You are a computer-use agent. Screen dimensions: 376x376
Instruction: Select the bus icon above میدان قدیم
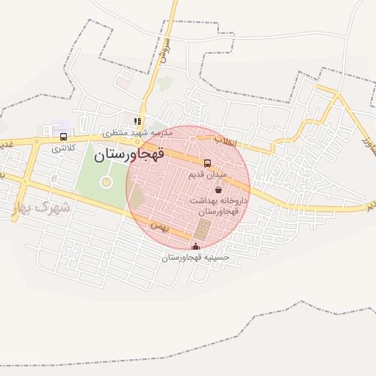(207, 163)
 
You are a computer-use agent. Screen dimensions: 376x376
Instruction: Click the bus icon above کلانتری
(63, 136)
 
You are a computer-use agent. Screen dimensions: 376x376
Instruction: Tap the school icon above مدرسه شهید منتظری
(137, 121)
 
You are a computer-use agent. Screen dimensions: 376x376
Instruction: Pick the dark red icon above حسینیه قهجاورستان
(195, 247)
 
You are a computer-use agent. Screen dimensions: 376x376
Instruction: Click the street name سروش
(164, 52)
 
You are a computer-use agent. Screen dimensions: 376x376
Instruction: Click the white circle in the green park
(106, 180)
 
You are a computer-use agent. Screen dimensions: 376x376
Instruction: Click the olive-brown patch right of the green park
(137, 196)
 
